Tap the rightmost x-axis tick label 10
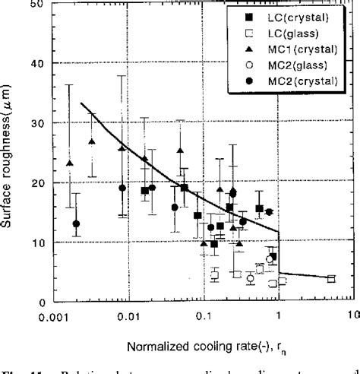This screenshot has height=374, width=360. point(350,314)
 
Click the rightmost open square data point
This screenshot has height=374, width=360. point(330,279)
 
